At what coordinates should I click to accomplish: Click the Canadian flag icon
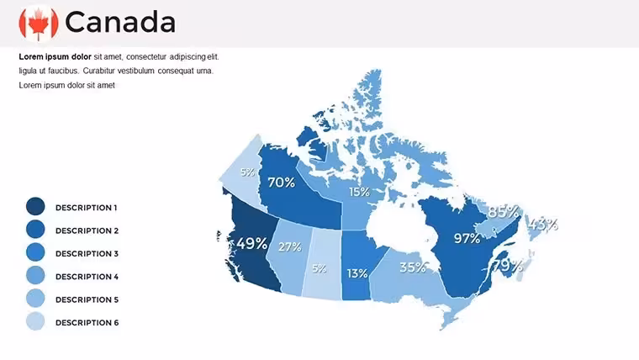(39, 24)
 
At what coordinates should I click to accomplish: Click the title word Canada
(120, 22)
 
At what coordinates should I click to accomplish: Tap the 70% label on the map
(281, 183)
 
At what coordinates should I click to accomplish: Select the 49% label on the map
(252, 243)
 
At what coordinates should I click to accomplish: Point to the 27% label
(290, 246)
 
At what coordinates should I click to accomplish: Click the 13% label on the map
(357, 273)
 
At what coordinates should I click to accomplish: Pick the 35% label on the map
(413, 267)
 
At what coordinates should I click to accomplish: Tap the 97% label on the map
(467, 238)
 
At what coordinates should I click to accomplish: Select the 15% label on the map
(359, 192)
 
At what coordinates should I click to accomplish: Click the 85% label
(504, 212)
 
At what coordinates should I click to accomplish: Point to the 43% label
(543, 224)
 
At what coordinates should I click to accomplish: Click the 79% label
(508, 266)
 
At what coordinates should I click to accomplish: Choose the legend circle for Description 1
(35, 206)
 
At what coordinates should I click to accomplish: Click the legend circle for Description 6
(35, 321)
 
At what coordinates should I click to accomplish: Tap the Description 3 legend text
(87, 253)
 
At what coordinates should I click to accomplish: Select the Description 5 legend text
(87, 299)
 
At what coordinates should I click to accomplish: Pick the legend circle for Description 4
(35, 275)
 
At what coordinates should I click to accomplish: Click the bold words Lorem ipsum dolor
(55, 56)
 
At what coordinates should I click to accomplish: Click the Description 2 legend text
(87, 230)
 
